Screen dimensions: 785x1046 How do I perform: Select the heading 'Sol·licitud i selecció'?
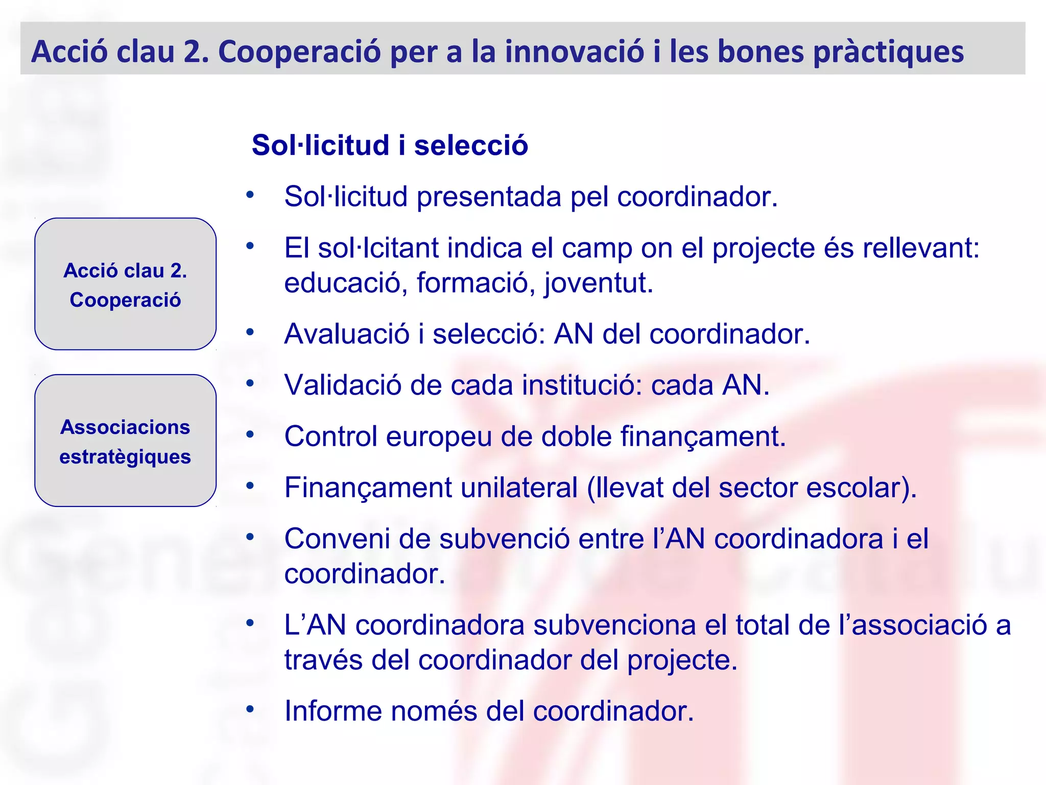pyautogui.click(x=390, y=145)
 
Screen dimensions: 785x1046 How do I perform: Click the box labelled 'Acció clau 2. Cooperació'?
pyautogui.click(x=126, y=284)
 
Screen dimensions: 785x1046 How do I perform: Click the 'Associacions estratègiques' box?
pyautogui.click(x=126, y=441)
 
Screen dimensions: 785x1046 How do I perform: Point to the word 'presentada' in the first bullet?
pyautogui.click(x=489, y=196)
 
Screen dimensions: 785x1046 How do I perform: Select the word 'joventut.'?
pyautogui.click(x=598, y=283)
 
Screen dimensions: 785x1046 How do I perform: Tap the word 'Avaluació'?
pyautogui.click(x=347, y=334)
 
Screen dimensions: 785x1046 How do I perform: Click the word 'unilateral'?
pyautogui.click(x=519, y=488)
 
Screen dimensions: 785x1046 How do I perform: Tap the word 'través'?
pyautogui.click(x=323, y=660)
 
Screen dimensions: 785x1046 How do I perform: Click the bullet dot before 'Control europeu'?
pyautogui.click(x=250, y=435)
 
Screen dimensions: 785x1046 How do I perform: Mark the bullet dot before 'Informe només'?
pyautogui.click(x=250, y=709)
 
